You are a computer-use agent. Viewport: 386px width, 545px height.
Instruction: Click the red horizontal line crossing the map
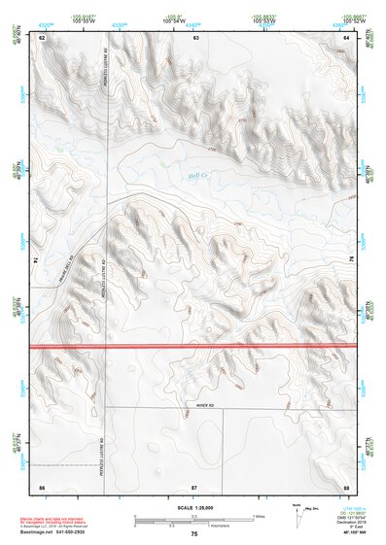click(x=194, y=345)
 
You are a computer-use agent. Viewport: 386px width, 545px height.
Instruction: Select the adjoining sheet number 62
click(x=43, y=37)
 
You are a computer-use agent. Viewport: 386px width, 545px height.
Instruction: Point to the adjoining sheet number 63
click(x=194, y=37)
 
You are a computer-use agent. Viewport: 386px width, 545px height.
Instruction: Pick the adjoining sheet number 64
click(x=347, y=37)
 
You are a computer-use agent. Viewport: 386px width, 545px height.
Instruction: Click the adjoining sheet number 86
click(x=42, y=485)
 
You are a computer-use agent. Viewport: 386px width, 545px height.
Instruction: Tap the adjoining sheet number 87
click(x=194, y=485)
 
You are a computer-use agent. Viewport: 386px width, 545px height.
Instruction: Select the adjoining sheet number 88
click(x=346, y=485)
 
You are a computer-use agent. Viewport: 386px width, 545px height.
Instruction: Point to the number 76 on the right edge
click(x=351, y=260)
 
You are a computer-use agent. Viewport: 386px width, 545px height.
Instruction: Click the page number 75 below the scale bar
click(x=194, y=535)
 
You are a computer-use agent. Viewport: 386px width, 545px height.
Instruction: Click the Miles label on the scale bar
click(x=259, y=516)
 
